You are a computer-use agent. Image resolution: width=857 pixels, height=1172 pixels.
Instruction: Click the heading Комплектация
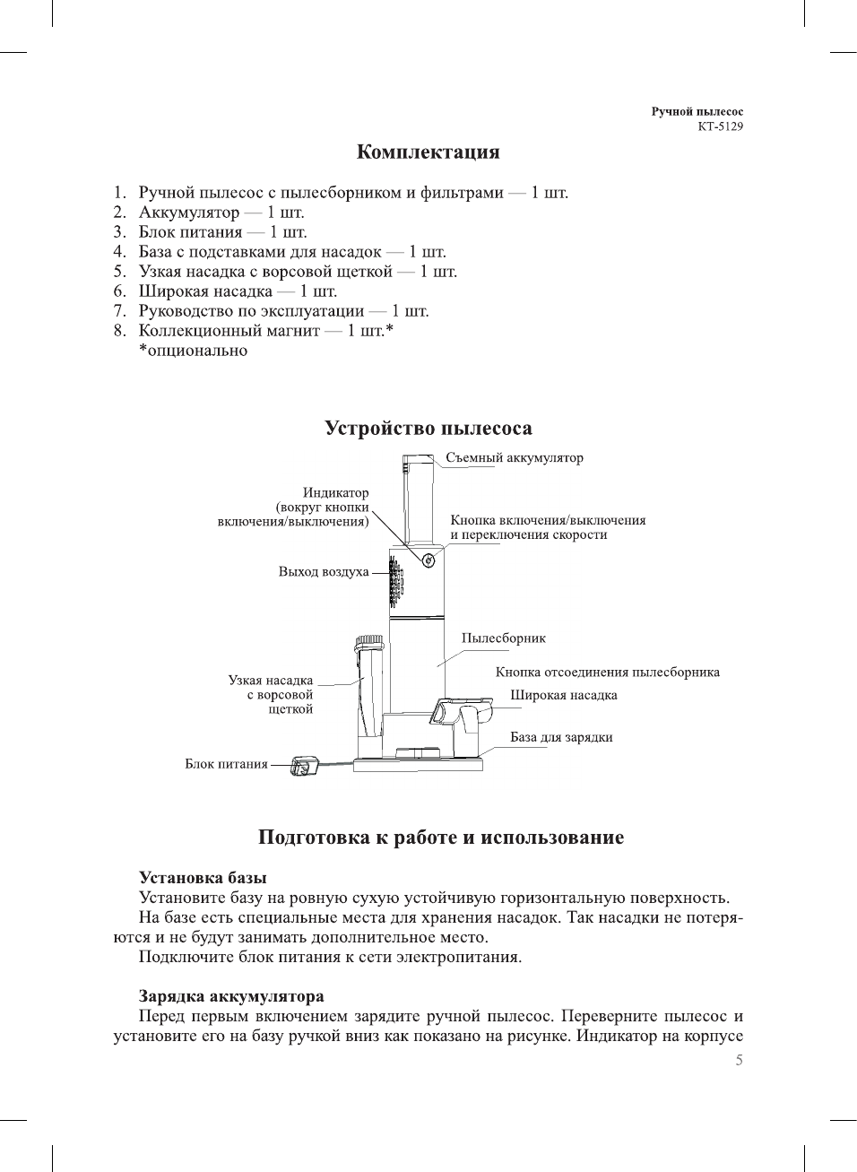(x=428, y=152)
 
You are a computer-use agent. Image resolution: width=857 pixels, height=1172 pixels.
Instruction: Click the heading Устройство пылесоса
(x=428, y=429)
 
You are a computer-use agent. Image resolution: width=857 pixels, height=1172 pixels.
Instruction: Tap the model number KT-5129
(x=720, y=126)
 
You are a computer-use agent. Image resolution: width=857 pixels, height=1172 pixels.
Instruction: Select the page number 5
(x=739, y=1060)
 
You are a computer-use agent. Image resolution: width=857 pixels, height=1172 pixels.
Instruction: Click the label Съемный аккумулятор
(x=514, y=458)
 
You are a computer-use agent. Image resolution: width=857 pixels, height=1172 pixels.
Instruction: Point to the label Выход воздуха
(x=323, y=572)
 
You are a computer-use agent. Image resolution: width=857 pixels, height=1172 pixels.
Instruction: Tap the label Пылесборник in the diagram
(x=503, y=638)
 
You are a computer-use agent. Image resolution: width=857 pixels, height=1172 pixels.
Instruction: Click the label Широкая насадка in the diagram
(x=563, y=695)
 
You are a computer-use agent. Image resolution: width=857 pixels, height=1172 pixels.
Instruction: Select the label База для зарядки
(x=561, y=737)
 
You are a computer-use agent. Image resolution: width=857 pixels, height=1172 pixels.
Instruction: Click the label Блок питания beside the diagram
(x=226, y=764)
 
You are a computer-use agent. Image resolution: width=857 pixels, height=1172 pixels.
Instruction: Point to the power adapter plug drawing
(x=304, y=767)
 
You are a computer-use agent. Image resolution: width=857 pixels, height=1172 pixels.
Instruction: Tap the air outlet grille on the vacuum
(x=395, y=581)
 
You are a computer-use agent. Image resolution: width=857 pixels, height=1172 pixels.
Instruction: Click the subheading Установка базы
(x=203, y=878)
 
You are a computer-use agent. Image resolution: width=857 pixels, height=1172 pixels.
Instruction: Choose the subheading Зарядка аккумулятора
(x=231, y=996)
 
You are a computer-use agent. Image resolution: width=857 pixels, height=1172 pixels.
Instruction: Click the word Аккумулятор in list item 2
(x=188, y=213)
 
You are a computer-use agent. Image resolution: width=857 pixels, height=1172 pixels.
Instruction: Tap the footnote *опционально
(x=193, y=351)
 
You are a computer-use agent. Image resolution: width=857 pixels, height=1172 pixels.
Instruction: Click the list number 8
(x=119, y=331)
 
